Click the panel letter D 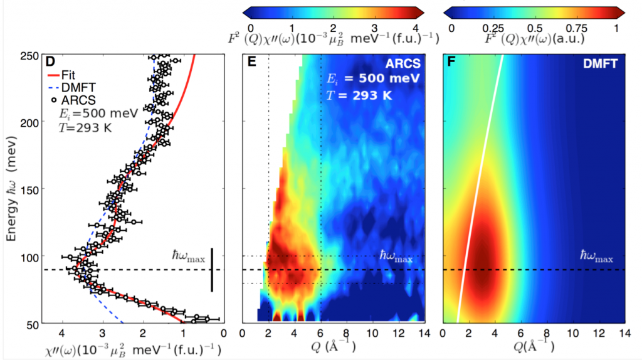52,61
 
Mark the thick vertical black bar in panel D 212,270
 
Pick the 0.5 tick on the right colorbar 534,28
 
